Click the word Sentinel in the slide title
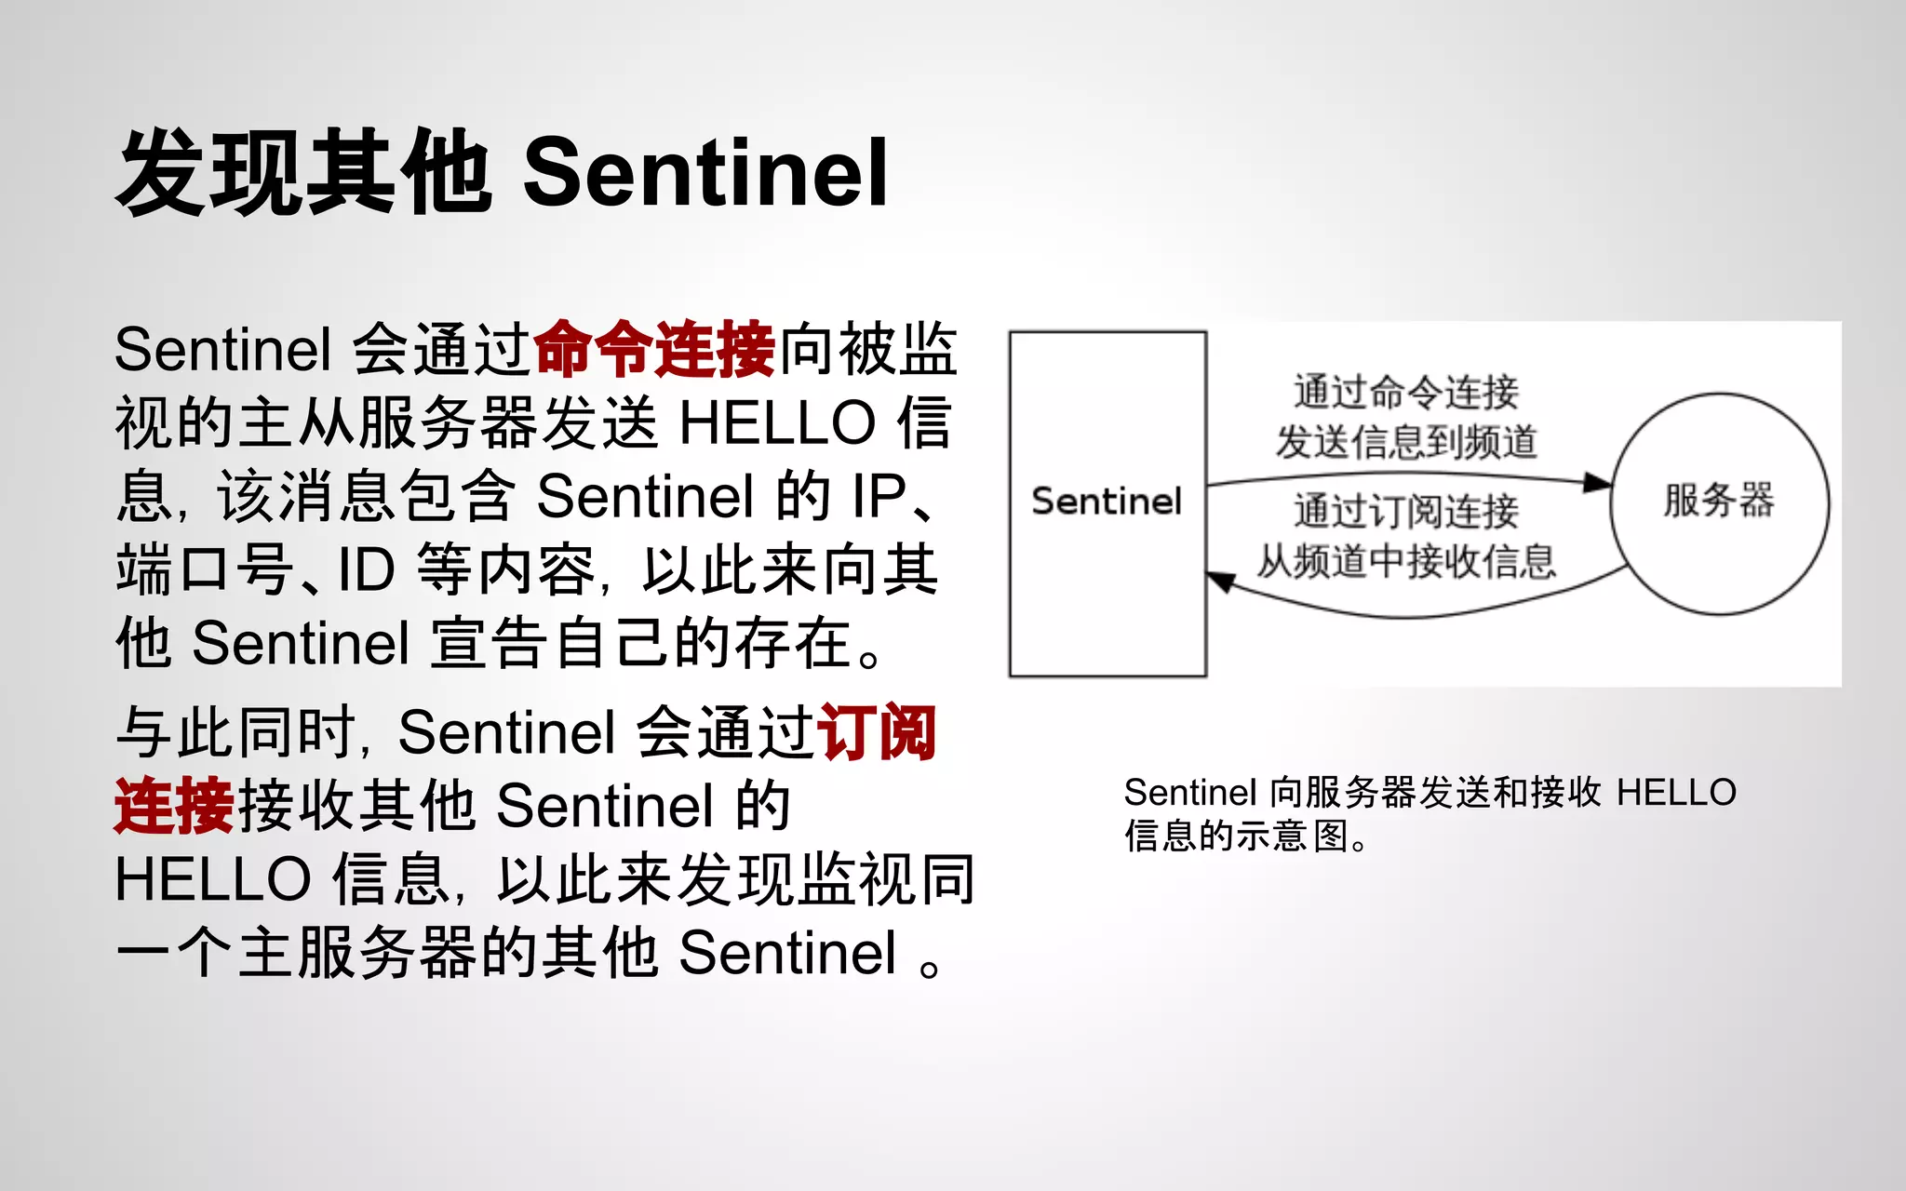click(x=705, y=173)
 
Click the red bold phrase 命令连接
click(x=654, y=350)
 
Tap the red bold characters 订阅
click(x=876, y=733)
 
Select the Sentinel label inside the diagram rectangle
click(x=1107, y=502)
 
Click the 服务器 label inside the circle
click(x=1719, y=501)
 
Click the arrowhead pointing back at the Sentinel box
click(x=1220, y=582)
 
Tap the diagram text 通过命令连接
click(x=1405, y=392)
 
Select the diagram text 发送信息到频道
click(x=1405, y=442)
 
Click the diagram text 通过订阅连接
click(x=1405, y=511)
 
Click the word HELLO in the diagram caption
click(x=1676, y=793)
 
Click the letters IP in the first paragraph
click(x=879, y=496)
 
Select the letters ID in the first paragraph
click(x=366, y=569)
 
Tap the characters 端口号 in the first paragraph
click(x=205, y=569)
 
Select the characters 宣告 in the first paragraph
click(x=489, y=643)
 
